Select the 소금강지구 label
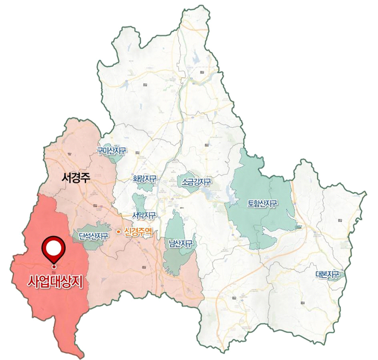[197, 182]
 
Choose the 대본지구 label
[327, 275]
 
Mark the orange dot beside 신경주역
[118, 231]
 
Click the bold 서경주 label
[75, 178]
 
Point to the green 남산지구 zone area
[176, 261]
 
